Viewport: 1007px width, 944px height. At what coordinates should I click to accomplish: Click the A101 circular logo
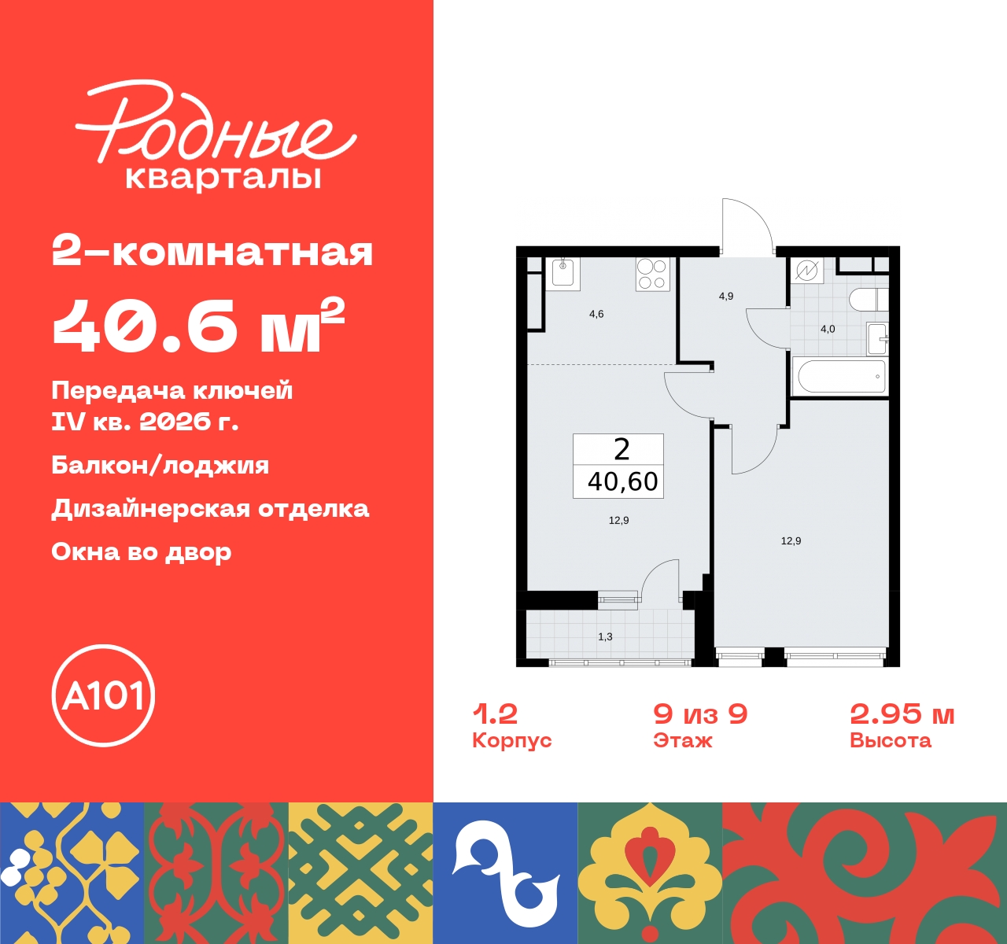point(103,695)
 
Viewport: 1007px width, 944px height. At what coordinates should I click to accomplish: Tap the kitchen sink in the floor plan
point(563,272)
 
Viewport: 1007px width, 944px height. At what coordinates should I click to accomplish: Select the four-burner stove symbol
point(652,275)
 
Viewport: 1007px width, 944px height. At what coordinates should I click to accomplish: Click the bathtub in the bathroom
point(841,376)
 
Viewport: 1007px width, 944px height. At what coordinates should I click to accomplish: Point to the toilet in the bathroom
point(867,300)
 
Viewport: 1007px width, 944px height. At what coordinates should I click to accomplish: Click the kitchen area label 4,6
point(596,314)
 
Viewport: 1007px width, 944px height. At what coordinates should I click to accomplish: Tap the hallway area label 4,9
point(725,297)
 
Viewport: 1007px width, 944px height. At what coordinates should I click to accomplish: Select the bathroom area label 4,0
point(828,329)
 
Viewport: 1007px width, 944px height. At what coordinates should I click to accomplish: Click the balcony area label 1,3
point(605,636)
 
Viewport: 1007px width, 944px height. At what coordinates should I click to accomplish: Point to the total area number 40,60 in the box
point(622,481)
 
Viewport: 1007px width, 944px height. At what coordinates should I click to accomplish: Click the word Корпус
point(511,740)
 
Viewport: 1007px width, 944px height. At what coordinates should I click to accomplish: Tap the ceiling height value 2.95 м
point(902,714)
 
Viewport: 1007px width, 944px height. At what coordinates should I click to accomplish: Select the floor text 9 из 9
point(700,714)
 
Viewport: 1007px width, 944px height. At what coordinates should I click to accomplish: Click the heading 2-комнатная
point(212,253)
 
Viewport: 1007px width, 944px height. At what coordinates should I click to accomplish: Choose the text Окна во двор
point(142,552)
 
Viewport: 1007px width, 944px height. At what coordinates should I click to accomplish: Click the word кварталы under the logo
point(223,178)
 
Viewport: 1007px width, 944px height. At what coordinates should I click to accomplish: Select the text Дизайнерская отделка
point(210,509)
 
